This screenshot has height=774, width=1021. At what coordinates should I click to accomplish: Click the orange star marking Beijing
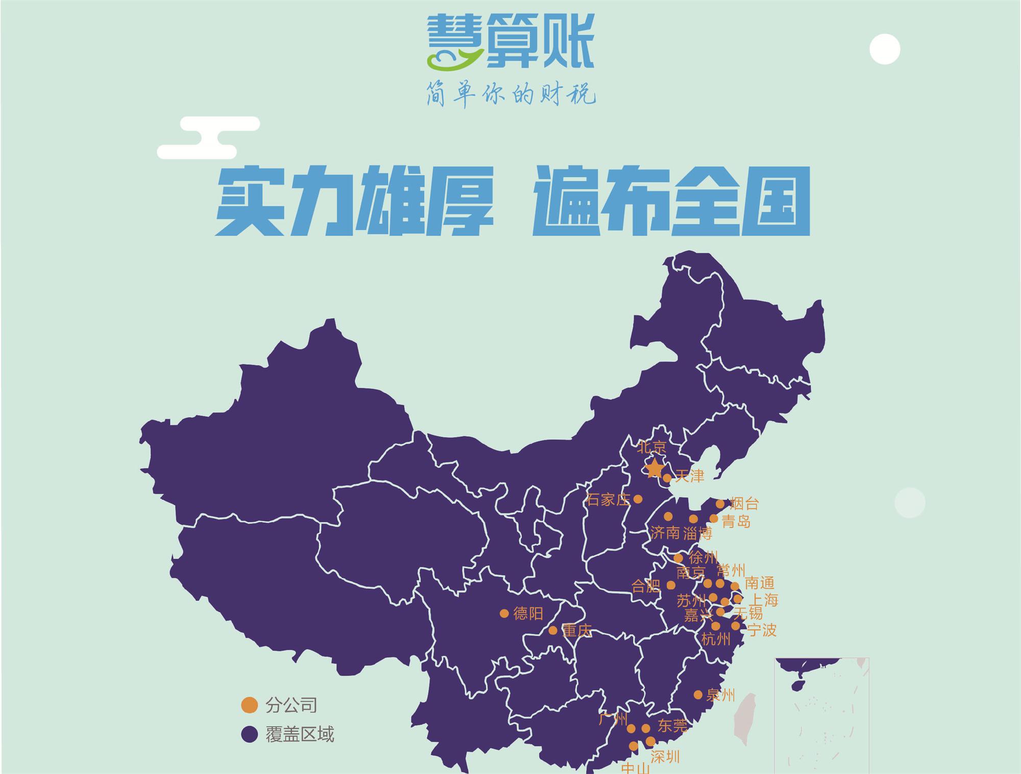654,468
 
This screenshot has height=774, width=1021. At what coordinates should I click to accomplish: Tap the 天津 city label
689,477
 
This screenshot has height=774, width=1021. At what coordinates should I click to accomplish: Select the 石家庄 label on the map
608,500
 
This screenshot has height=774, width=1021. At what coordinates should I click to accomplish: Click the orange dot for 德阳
504,613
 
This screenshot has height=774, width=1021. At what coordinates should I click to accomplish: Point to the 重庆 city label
577,631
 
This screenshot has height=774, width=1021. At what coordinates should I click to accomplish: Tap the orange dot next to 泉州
698,694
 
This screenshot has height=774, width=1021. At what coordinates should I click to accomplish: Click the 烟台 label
744,504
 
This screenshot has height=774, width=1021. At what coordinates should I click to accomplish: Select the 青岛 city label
736,521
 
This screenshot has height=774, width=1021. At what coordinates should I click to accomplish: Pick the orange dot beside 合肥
671,585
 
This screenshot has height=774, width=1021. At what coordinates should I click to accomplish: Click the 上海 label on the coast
763,600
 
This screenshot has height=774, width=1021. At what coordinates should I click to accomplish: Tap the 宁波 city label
762,631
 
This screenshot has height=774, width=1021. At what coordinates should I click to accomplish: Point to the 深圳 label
665,757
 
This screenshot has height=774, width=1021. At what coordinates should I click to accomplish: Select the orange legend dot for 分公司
249,705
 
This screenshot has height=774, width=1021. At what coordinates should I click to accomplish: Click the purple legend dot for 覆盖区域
249,735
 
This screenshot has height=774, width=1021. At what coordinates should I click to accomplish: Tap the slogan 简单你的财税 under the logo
511,94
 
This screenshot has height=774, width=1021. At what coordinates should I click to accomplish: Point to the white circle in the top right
885,49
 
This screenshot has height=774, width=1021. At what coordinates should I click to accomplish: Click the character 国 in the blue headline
775,202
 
